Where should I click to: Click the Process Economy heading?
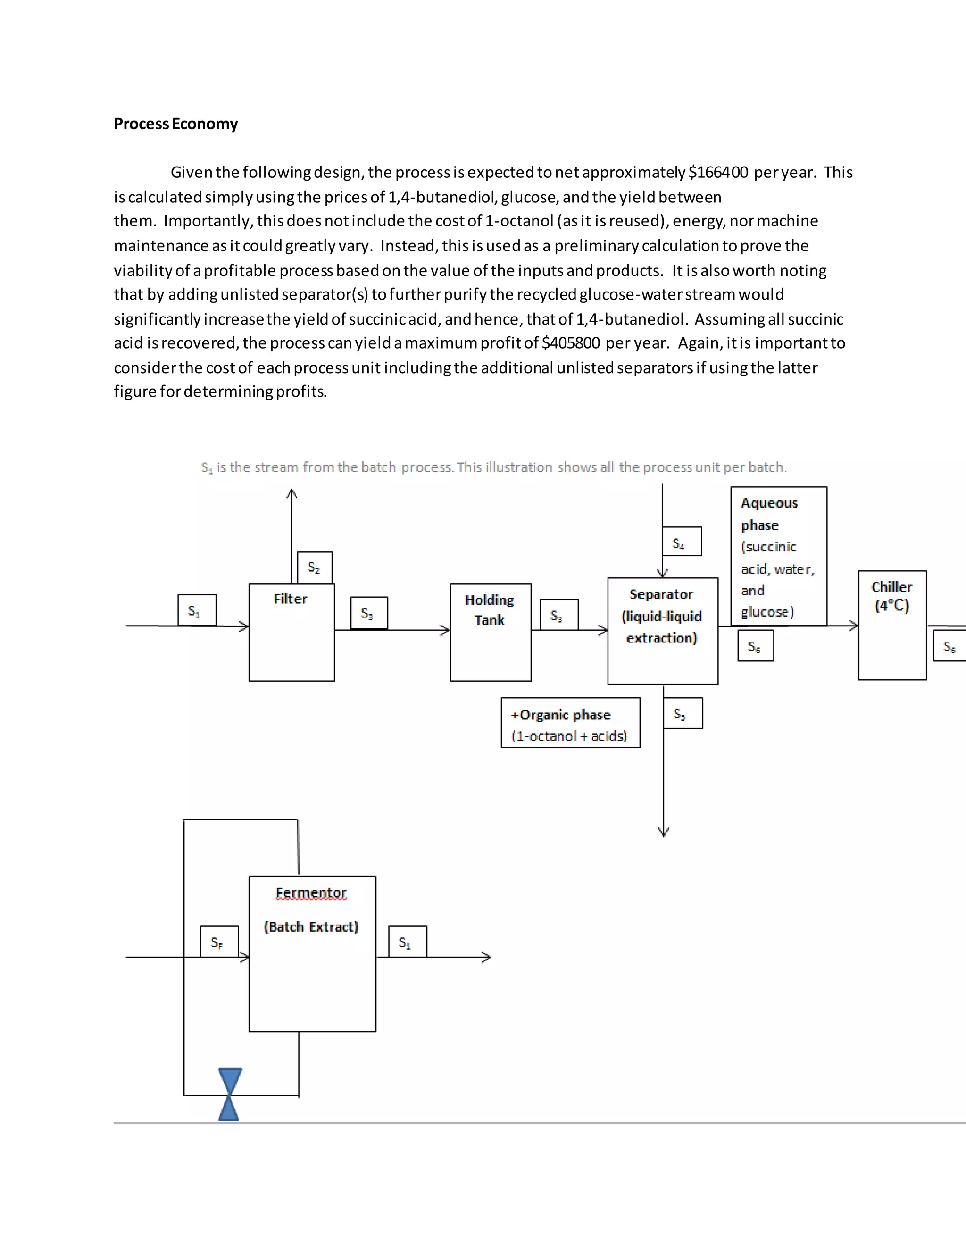(x=175, y=124)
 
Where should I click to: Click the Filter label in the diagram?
(x=290, y=599)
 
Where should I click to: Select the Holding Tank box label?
(x=489, y=609)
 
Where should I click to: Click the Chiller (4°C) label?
(x=891, y=596)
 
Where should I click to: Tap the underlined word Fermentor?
(x=311, y=893)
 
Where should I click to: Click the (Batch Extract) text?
(x=311, y=926)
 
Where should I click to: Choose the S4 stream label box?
(x=681, y=542)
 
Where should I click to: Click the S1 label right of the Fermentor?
(x=407, y=942)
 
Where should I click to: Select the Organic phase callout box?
(x=570, y=723)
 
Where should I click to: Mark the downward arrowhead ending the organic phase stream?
(x=664, y=832)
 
